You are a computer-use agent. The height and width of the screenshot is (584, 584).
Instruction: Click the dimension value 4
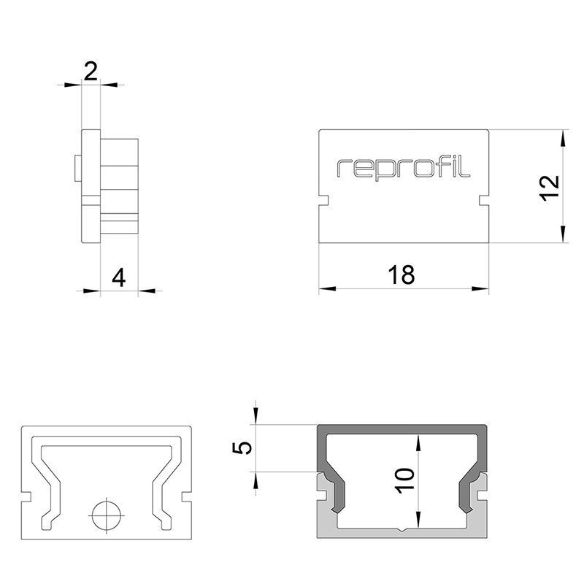[119, 278]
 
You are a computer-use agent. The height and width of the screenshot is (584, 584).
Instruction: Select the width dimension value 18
[401, 275]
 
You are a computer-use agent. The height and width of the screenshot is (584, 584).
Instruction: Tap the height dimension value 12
[549, 187]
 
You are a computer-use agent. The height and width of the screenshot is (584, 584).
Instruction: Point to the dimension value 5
[245, 447]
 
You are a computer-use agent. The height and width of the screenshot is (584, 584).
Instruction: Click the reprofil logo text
[404, 167]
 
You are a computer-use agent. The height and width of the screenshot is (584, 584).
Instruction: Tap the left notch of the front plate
[323, 199]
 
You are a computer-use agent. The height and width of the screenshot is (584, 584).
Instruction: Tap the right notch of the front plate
[484, 199]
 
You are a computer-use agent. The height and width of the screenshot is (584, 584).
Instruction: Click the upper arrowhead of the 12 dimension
[563, 139]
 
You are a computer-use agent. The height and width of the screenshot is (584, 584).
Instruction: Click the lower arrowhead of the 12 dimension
[563, 234]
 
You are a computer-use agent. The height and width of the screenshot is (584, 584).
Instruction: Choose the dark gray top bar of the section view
[403, 430]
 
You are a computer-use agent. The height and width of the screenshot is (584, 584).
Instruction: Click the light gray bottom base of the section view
[403, 533]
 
